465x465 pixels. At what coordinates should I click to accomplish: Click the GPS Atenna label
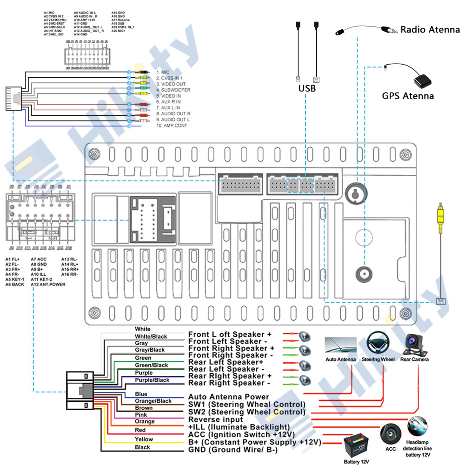[x=408, y=96]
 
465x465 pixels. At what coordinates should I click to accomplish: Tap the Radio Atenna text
[x=430, y=30]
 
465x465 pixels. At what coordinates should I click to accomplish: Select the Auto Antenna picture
[x=340, y=345]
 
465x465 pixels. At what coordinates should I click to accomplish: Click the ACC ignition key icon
[x=390, y=433]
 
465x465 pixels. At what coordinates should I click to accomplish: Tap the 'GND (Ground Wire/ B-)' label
[x=232, y=450]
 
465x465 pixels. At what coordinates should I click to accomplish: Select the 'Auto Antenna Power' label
[x=228, y=397]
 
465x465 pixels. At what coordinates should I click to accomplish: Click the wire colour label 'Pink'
[x=141, y=414]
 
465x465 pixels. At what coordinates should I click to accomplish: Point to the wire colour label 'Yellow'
[x=144, y=439]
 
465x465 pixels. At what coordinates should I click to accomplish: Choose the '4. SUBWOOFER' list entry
[x=173, y=90]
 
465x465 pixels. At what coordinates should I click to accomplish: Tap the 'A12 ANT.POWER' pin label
[x=48, y=284]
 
